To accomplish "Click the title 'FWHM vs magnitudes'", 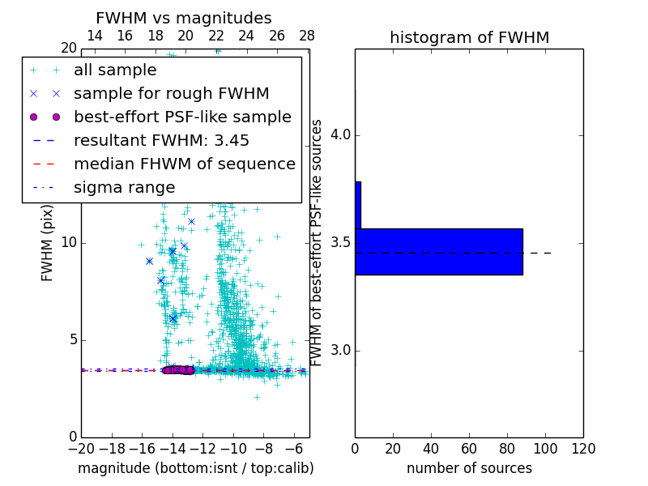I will pos(183,19).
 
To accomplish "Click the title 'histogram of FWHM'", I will pos(469,37).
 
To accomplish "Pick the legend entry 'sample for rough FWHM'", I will pos(171,93).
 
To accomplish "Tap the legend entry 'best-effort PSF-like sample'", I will pos(182,117).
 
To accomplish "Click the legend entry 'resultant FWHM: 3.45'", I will pos(161,140).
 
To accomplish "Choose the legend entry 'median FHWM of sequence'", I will pos(184,164).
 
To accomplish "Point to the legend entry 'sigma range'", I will pos(124,187).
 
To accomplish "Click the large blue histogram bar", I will pos(438,251).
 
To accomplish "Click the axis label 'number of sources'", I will pos(469,468).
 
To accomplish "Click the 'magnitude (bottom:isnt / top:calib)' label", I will pos(195,468).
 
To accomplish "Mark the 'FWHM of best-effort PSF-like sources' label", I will pos(318,242).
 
